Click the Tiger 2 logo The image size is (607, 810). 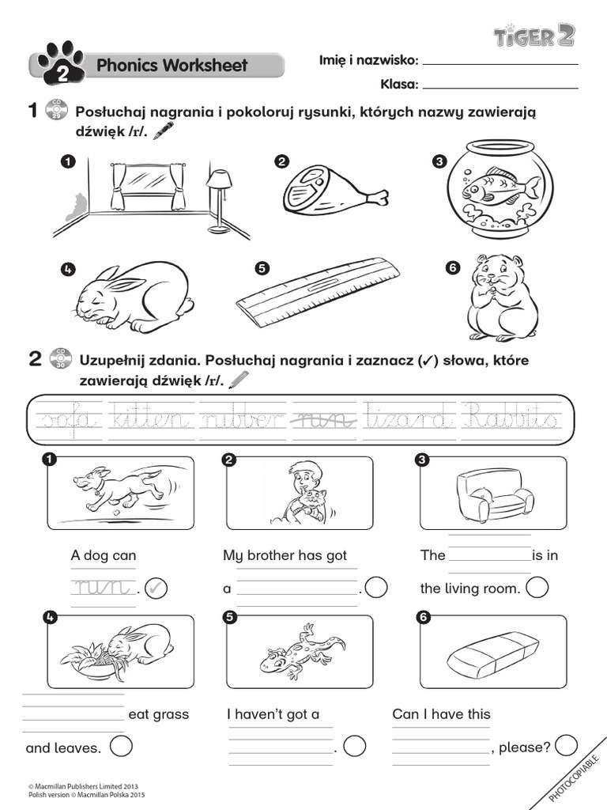pyautogui.click(x=533, y=36)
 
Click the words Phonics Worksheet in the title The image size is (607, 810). pyautogui.click(x=172, y=66)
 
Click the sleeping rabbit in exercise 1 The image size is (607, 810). pyautogui.click(x=134, y=297)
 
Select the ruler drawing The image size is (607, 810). pyautogui.click(x=319, y=293)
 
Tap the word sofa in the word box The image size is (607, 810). pyautogui.click(x=70, y=416)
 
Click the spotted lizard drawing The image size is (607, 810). pyautogui.click(x=303, y=651)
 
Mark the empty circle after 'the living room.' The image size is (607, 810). pyautogui.click(x=537, y=588)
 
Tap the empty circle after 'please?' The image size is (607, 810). pyautogui.click(x=566, y=746)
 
